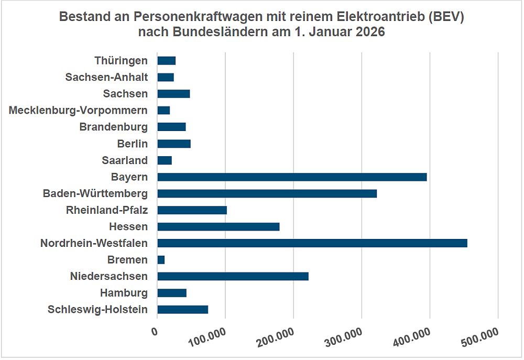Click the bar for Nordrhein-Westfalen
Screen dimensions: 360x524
[312, 243]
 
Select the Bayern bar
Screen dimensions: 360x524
[292, 177]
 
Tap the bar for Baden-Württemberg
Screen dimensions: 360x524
[267, 194]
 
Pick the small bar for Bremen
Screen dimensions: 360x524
[161, 260]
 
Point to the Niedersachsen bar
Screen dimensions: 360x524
[233, 277]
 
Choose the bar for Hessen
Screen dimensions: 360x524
[218, 227]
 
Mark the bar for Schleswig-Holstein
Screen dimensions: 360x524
[182, 310]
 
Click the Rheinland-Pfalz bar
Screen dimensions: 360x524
[192, 210]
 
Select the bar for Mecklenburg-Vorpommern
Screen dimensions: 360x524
[163, 111]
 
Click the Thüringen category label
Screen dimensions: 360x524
[121, 61]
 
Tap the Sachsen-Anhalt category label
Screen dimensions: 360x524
[106, 78]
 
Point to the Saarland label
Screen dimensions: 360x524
[125, 160]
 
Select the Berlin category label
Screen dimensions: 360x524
[132, 144]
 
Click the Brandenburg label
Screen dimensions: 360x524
[113, 127]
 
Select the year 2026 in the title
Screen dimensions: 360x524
[370, 32]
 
